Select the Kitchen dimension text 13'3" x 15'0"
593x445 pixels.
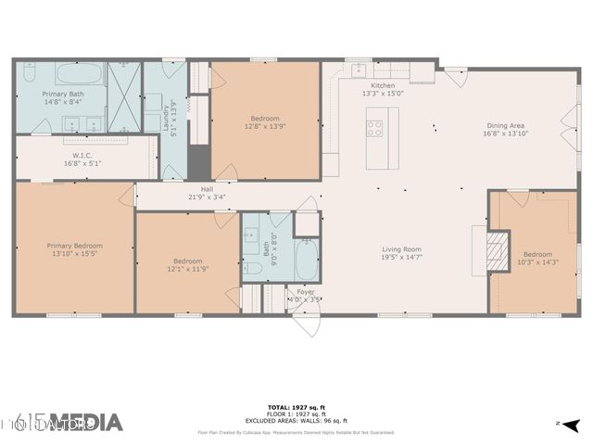[382, 93]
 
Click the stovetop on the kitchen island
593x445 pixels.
[375, 128]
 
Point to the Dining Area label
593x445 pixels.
[506, 125]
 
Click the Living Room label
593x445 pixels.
[402, 248]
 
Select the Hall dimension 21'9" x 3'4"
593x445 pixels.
[207, 197]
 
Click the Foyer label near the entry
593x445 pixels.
[306, 292]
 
